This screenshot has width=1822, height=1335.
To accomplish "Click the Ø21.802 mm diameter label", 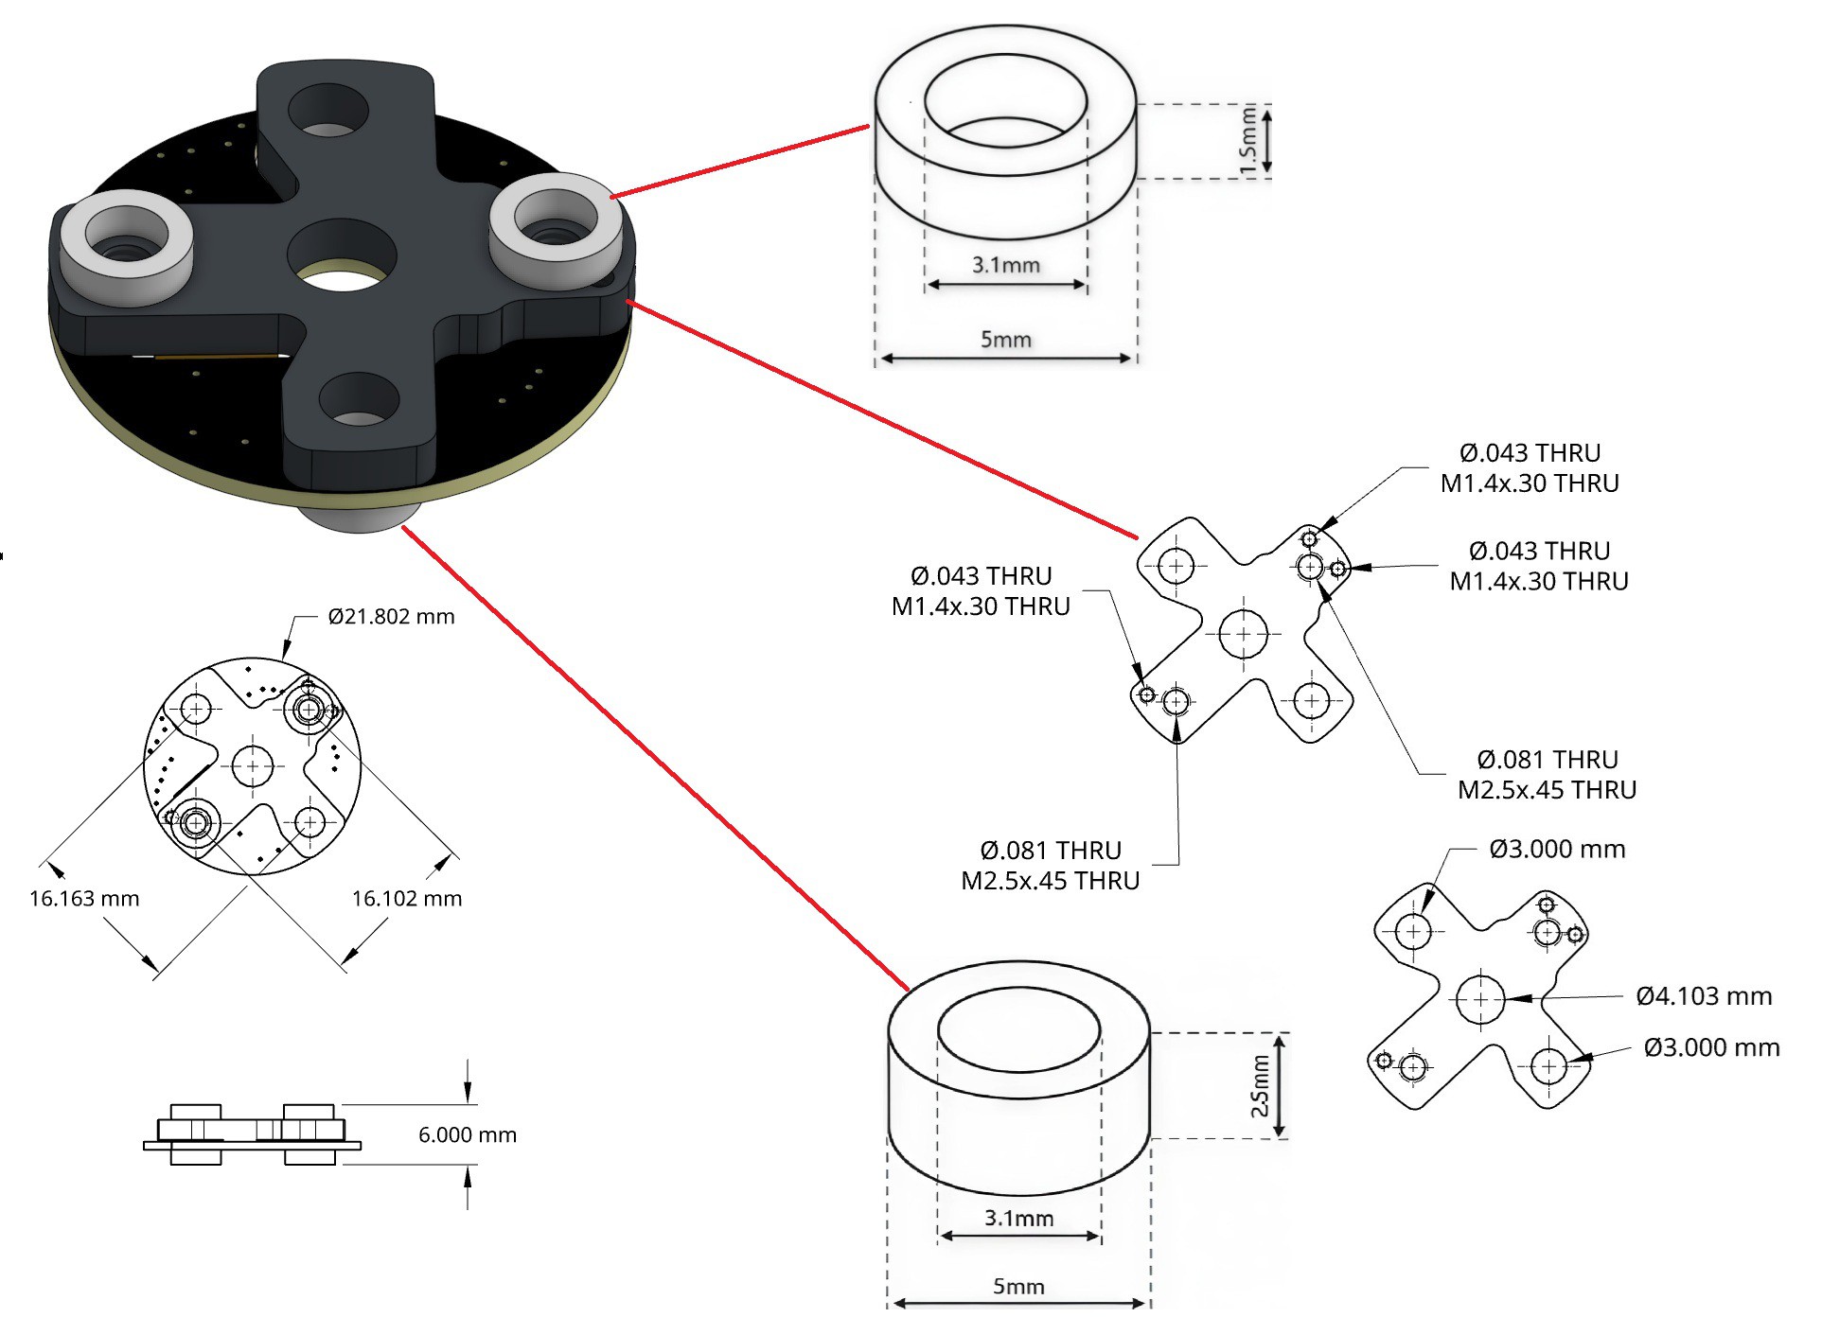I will click(391, 617).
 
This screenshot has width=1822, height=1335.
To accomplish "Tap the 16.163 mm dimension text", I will click(84, 898).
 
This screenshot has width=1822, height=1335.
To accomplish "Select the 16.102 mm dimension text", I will click(407, 898).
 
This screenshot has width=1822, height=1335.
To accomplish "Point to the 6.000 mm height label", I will click(468, 1134).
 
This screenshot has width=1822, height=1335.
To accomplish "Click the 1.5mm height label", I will click(1248, 140).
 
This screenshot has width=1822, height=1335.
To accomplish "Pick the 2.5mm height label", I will click(1260, 1086).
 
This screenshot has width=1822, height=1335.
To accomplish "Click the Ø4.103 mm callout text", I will click(1704, 995).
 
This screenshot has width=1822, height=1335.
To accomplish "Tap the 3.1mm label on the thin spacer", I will click(1005, 265).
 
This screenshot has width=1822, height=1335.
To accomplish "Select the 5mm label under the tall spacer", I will click(1018, 1286).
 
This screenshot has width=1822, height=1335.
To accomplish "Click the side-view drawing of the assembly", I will click(252, 1133).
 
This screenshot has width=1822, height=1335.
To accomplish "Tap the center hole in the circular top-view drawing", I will click(253, 766).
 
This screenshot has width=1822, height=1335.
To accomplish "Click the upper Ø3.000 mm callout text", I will click(1557, 849).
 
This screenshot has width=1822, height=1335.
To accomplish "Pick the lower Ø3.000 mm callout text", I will click(1711, 1047).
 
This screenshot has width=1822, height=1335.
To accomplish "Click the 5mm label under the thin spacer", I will click(1005, 339).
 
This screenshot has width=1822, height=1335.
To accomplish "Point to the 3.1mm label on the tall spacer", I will click(1018, 1218).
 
